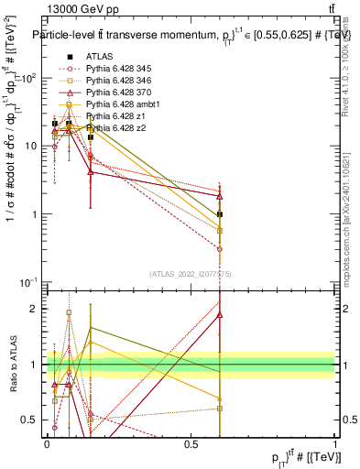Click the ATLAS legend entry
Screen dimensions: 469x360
(101, 57)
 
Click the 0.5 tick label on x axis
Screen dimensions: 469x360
(191, 443)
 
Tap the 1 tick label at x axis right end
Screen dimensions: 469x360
(335, 443)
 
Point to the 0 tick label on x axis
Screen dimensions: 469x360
(48, 443)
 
